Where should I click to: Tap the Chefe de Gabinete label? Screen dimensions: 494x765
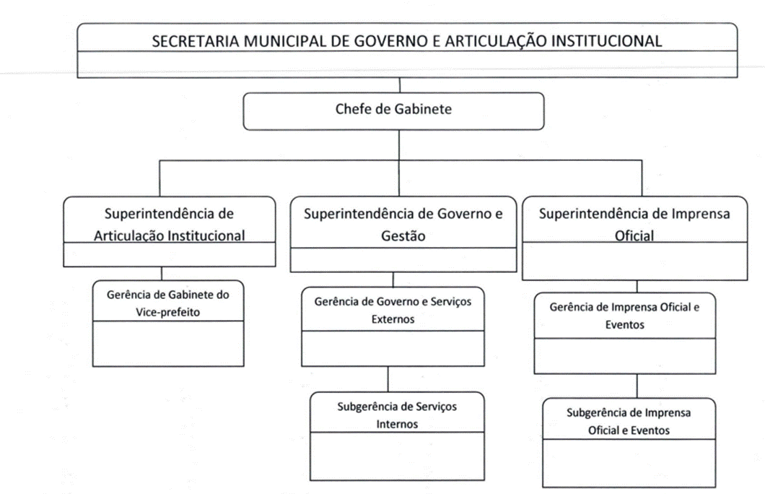click(x=393, y=110)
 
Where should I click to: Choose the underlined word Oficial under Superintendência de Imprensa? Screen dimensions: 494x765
click(x=634, y=235)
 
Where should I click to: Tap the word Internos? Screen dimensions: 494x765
click(x=397, y=424)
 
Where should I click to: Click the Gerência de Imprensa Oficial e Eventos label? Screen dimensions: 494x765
click(x=624, y=316)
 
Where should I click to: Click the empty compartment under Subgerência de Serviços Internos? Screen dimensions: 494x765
click(x=397, y=455)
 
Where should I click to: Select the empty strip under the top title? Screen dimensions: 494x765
click(x=407, y=65)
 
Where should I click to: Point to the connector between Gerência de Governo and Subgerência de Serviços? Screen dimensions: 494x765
click(x=388, y=378)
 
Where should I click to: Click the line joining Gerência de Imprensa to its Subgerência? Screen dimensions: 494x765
click(x=636, y=386)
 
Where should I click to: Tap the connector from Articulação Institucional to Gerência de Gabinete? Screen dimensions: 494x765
click(x=161, y=274)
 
